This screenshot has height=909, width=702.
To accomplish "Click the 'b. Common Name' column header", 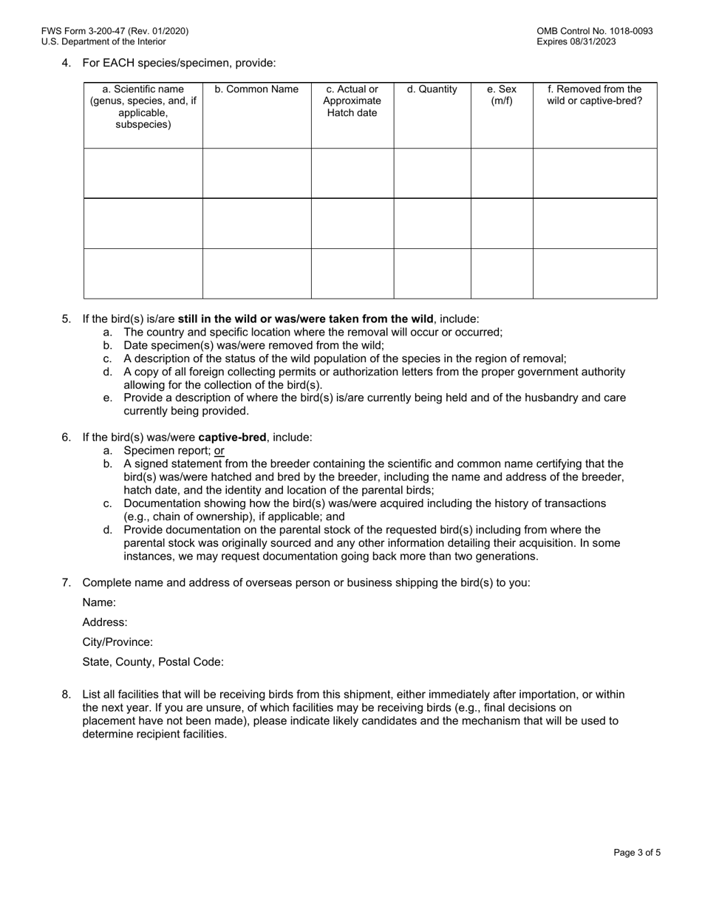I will (256, 89).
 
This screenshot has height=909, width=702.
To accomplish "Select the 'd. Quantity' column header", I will (432, 89).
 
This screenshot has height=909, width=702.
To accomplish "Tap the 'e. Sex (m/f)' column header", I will (502, 95).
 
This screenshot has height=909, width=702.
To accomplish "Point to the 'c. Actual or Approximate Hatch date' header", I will (352, 101).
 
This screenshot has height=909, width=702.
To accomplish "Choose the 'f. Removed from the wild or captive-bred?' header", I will (594, 95).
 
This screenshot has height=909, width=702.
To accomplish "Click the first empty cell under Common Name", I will (256, 173).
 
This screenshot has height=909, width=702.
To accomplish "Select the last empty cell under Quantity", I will (432, 273).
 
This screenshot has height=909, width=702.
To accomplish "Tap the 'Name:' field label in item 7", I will (99, 602).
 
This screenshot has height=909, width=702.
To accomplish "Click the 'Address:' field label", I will (105, 622).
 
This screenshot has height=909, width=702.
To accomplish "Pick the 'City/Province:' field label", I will (117, 642).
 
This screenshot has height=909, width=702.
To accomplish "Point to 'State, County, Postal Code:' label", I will (153, 662).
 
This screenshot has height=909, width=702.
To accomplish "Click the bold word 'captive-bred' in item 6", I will (232, 437).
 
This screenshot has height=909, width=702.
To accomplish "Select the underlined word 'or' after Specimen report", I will (219, 450).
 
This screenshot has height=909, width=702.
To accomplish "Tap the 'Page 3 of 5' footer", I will (637, 852).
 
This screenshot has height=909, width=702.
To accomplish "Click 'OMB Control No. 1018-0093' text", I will (595, 31).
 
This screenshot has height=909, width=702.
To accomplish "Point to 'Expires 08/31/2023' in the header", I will (576, 41).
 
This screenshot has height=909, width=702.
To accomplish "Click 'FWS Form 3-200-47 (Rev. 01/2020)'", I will (115, 31).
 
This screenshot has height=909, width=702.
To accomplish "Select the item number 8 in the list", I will (66, 695).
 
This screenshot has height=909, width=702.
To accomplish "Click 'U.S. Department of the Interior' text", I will (103, 41).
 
